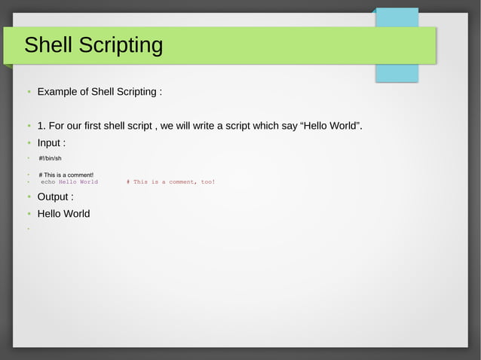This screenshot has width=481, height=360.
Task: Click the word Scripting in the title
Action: [x=124, y=46]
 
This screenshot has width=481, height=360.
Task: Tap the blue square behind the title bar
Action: [x=397, y=71]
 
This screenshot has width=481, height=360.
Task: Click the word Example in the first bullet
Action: [x=62, y=92]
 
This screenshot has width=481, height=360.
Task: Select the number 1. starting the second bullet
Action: [x=41, y=125]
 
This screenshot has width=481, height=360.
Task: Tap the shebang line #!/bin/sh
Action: [x=50, y=158]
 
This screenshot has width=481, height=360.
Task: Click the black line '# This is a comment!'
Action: [x=66, y=175]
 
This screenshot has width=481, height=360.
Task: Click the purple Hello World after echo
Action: [x=78, y=182]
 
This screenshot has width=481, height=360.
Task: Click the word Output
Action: [x=54, y=197]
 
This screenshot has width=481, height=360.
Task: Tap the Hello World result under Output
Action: [x=63, y=214]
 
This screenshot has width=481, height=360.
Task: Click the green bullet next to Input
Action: [x=28, y=143]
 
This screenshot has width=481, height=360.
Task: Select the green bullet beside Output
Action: [x=28, y=197]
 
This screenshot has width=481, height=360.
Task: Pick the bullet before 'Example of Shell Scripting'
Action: [x=28, y=92]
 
